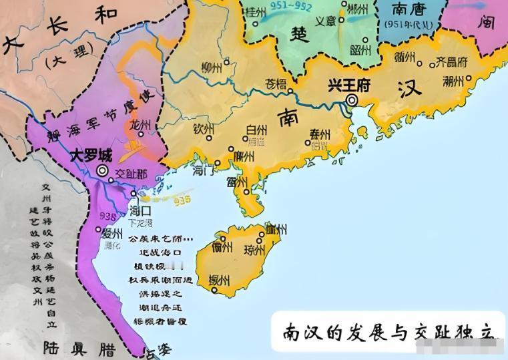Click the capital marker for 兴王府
352,101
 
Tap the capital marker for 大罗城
102,171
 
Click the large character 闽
486,22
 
